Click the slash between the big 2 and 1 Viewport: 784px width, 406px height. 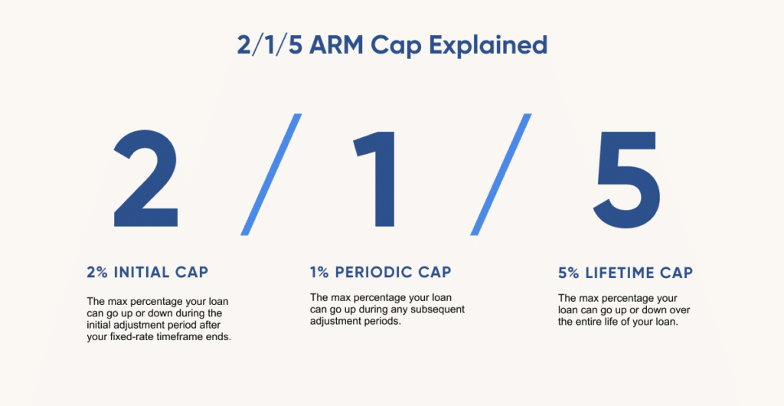point(271,175)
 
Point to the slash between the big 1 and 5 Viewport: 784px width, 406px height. point(501,175)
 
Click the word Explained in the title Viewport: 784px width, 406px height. point(488,46)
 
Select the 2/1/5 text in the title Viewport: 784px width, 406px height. point(270,45)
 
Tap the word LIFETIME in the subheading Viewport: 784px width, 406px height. point(619,273)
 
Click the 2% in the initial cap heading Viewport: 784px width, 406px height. point(97,273)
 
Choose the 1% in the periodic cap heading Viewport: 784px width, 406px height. point(319,273)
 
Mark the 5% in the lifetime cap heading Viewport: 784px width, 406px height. point(569,273)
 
